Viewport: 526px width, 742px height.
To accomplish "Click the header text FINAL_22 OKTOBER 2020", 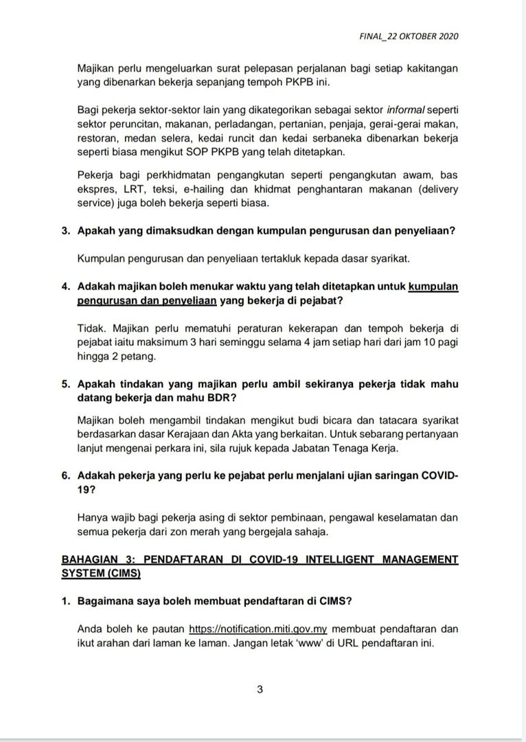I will (409, 36).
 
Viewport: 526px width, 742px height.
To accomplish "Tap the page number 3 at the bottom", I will (260, 690).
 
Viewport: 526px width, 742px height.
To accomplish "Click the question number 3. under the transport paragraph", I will (66, 231).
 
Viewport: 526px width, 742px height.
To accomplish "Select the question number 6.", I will (66, 475).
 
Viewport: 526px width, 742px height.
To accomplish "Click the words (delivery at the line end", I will (434, 188).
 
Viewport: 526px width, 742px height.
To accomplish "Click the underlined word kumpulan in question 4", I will (433, 286).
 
